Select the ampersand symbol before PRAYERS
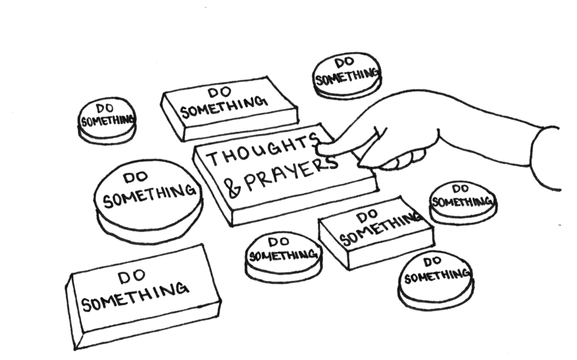click(234, 189)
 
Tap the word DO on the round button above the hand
click(344, 63)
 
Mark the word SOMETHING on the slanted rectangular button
click(378, 230)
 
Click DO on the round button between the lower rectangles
click(277, 242)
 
